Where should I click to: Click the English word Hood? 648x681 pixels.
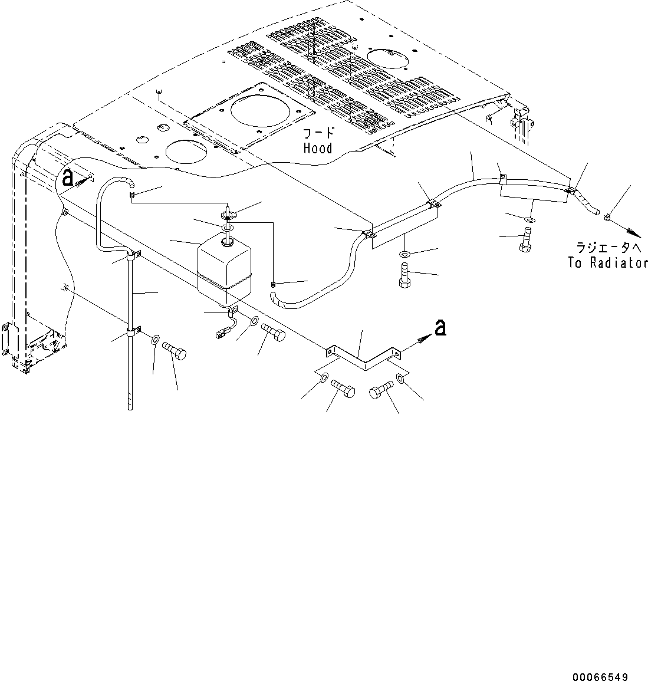coord(318,148)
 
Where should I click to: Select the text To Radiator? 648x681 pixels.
coord(607,263)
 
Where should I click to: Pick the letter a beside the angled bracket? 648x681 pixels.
coord(439,328)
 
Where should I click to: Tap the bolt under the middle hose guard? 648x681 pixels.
coord(405,275)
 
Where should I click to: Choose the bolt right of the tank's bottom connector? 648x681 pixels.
coord(272,331)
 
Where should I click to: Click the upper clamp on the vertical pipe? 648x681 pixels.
coord(132,256)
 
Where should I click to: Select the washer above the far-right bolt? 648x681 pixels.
coord(529,219)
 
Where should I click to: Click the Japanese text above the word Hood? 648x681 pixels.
coord(318,134)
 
